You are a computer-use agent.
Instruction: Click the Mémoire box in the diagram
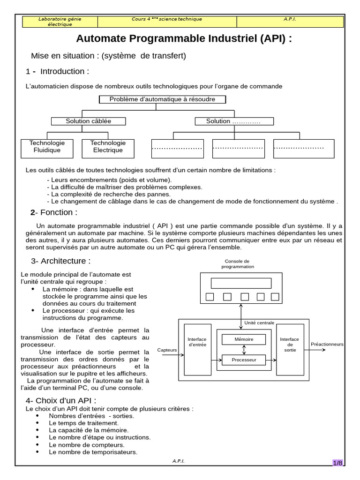[x=244, y=339]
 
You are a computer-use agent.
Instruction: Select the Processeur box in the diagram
[x=244, y=360]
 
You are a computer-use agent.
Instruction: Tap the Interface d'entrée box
[x=197, y=349]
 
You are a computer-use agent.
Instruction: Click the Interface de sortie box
[x=290, y=349]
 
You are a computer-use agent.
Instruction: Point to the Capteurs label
[x=167, y=350]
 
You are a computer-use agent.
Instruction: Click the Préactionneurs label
[x=327, y=344]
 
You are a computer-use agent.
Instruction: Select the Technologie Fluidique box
[x=47, y=147]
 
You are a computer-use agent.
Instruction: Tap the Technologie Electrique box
[x=108, y=147]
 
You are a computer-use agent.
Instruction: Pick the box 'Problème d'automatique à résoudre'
[x=163, y=99]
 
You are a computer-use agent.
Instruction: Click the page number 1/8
[x=337, y=463]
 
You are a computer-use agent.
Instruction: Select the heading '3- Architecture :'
[x=61, y=261]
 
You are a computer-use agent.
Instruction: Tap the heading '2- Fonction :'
[x=54, y=212]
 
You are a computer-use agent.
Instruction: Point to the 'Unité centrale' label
[x=260, y=322]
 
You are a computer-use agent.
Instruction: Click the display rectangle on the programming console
[x=241, y=283]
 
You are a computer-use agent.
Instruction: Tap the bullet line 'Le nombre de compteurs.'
[x=87, y=444]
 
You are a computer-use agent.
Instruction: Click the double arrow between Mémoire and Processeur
[x=244, y=350]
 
